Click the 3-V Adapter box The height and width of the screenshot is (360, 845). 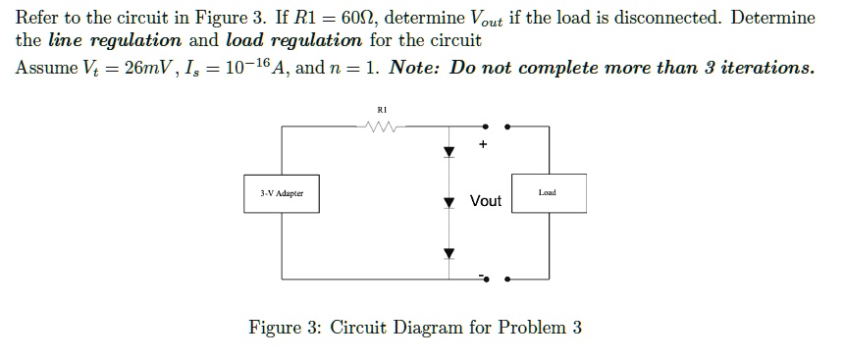282,193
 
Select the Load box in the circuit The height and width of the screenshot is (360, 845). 548,193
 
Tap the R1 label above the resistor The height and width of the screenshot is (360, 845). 382,110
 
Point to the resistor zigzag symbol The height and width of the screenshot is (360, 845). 378,125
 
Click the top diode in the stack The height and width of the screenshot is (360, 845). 449,152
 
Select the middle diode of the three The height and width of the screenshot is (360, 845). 449,202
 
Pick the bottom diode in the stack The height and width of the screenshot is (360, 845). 449,253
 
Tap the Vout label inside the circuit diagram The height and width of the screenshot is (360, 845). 486,201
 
